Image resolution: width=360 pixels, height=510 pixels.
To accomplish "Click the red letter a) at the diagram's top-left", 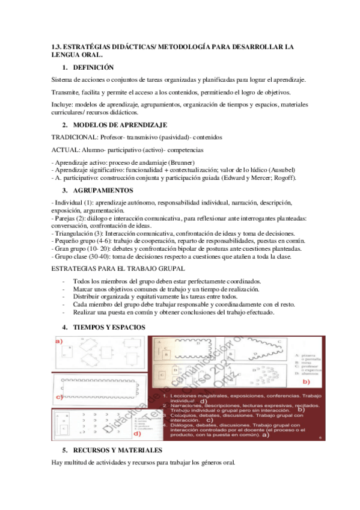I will [59, 342].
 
